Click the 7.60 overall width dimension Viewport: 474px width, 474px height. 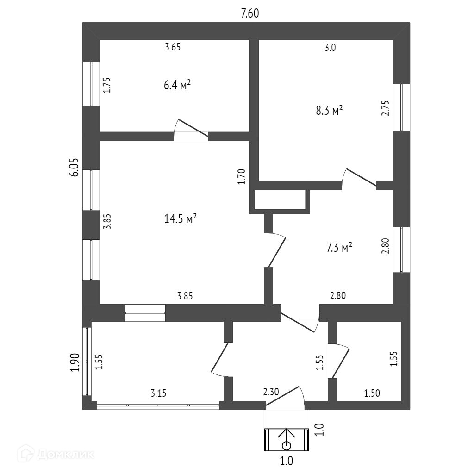click(249, 13)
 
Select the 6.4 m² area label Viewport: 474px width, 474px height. click(177, 86)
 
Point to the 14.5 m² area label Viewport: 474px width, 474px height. click(181, 219)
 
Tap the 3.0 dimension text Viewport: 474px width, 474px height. click(330, 47)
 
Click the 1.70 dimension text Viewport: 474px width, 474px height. click(241, 177)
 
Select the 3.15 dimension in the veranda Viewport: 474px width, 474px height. click(158, 393)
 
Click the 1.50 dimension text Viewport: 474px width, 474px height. click(372, 393)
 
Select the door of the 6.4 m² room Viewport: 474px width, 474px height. click(191, 129)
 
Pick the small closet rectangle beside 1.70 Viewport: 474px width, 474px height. click(280, 199)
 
